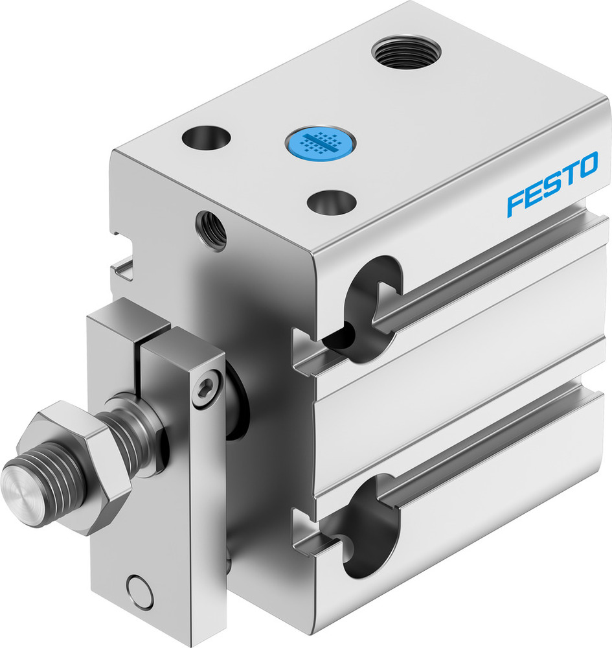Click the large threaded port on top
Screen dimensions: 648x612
point(407,52)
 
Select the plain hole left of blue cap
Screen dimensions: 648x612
point(206,137)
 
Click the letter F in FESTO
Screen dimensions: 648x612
point(516,202)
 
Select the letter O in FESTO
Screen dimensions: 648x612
point(587,166)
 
